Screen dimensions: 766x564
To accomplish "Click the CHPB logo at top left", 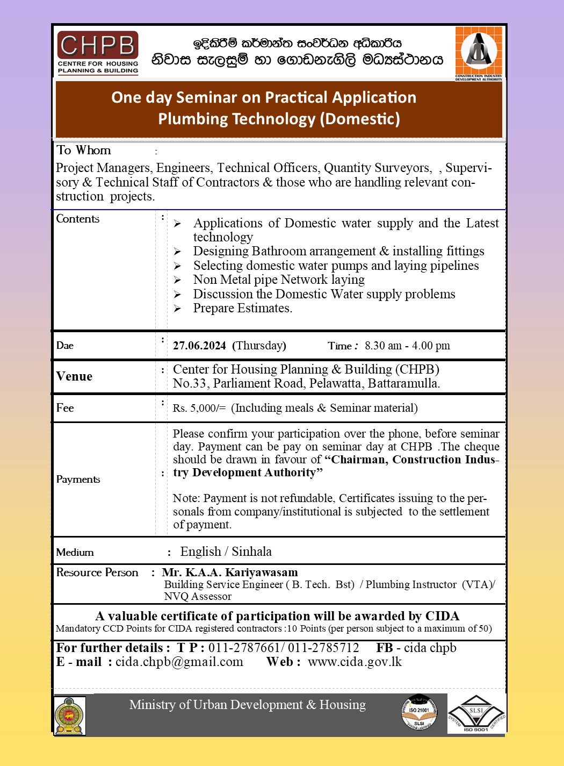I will [98, 52].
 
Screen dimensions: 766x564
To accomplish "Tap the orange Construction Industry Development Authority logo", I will [479, 53].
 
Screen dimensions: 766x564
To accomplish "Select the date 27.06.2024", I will [199, 346].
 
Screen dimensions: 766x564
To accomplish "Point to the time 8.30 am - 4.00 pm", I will [407, 346].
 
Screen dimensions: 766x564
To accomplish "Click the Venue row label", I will [74, 376].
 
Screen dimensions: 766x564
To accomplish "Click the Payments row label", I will [78, 479].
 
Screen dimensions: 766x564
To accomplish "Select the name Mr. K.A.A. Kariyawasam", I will [230, 572].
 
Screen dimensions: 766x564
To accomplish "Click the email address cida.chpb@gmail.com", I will [179, 662].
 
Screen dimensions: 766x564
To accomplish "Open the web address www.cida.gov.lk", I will [355, 662].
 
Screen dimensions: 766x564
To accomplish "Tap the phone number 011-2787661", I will [244, 648].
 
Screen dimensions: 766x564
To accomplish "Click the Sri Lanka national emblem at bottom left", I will [69, 716].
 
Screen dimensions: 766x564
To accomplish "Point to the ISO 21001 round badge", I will [419, 713].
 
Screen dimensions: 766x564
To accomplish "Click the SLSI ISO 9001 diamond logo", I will [476, 713].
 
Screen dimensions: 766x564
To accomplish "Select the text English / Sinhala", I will [226, 552].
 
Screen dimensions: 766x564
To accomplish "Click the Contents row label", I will [78, 219].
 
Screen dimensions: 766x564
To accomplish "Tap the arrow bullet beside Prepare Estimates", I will [178, 309].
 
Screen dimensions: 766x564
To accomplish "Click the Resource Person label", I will [97, 572].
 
